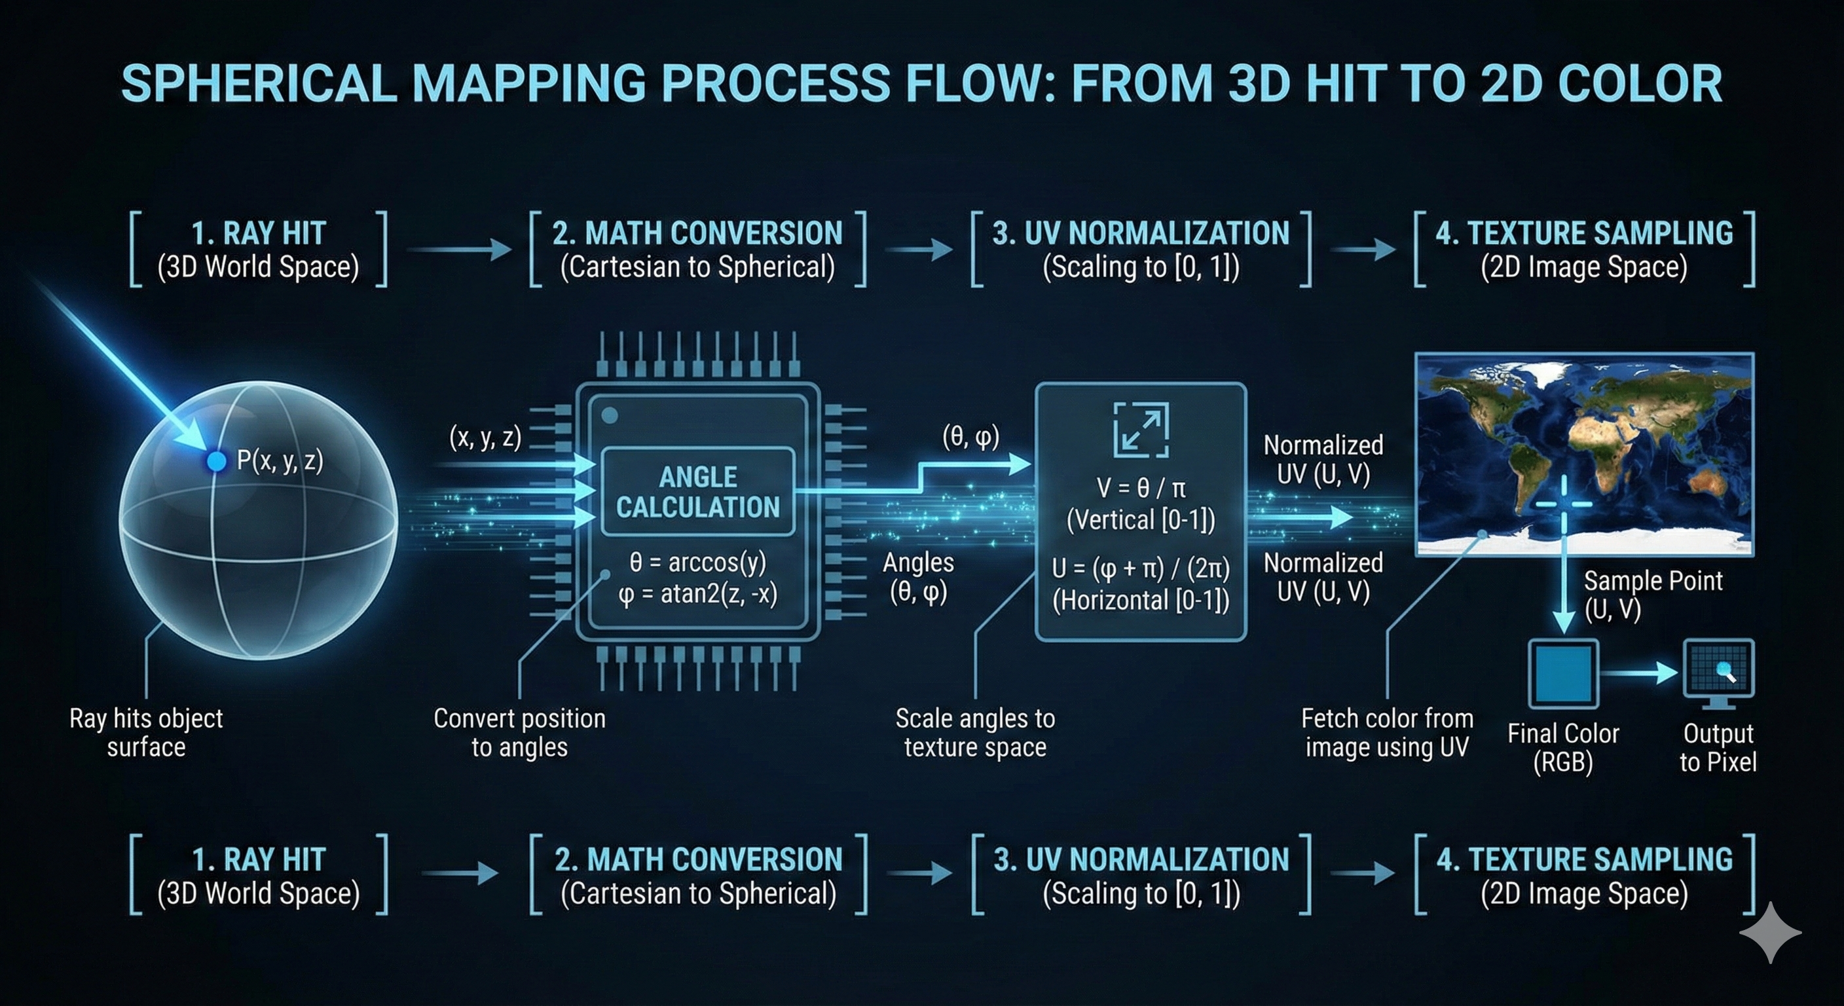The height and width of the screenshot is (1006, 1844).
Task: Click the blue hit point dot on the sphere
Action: tap(216, 461)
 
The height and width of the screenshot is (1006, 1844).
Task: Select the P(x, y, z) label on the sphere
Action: tap(280, 460)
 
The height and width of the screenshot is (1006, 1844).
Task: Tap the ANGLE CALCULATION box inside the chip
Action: tap(698, 492)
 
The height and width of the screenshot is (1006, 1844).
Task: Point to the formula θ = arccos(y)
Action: tap(698, 562)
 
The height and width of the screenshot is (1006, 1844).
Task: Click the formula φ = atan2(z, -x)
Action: tap(698, 594)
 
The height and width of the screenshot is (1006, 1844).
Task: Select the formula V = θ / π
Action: tap(1141, 489)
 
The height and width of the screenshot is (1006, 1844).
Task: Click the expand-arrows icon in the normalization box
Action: tap(1141, 430)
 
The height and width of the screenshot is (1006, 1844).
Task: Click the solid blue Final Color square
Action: tap(1563, 674)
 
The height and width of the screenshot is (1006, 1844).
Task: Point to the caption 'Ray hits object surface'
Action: tap(146, 732)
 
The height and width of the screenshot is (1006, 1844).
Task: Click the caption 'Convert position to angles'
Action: tap(520, 732)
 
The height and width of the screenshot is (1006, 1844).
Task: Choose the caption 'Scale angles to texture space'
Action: tap(975, 732)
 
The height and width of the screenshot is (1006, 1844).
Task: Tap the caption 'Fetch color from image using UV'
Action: tap(1388, 732)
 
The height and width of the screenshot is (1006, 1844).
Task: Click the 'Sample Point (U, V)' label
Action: tap(1652, 594)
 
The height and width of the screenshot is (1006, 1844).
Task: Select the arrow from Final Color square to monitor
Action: tap(1639, 673)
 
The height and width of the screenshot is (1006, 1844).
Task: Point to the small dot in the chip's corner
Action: tap(610, 415)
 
